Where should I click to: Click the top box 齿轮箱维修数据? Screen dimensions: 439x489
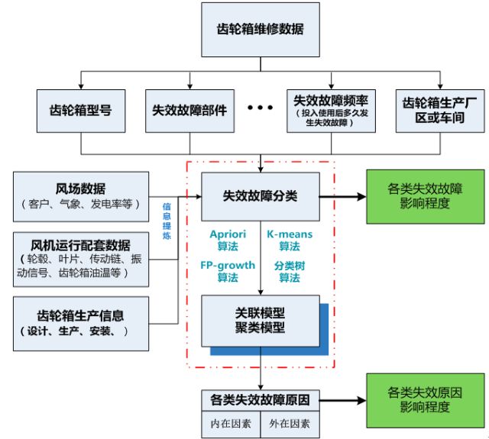point(260,30)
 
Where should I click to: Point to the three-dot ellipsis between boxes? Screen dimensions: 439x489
point(260,108)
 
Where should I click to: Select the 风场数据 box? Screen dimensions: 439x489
point(79,195)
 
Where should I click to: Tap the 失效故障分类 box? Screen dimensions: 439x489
point(260,196)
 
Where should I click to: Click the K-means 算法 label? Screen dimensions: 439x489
point(289,240)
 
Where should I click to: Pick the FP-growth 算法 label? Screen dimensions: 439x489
point(228,271)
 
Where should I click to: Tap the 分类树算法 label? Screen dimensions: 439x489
point(289,271)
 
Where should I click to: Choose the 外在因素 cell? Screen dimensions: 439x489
point(288,422)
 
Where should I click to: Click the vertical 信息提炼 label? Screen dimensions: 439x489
point(167,221)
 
